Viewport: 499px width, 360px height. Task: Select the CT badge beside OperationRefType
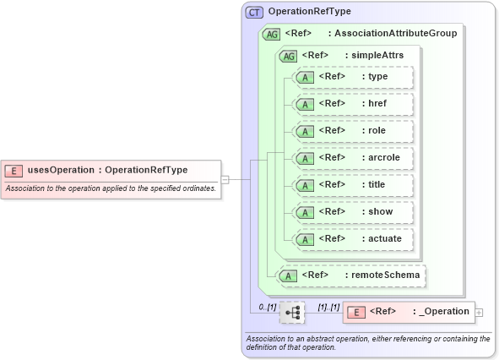click(x=254, y=12)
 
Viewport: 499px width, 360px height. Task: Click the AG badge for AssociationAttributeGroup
click(x=272, y=34)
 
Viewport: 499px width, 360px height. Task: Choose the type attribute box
click(x=352, y=77)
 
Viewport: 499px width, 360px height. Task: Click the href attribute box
click(x=352, y=104)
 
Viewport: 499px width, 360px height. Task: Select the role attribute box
click(x=352, y=131)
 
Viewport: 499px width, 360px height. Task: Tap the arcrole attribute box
click(x=352, y=158)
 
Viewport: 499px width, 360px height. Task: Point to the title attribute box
click(x=352, y=185)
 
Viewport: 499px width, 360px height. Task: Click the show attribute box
click(x=352, y=212)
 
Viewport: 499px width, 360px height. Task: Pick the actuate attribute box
click(x=352, y=239)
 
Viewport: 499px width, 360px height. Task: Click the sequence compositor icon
click(x=292, y=312)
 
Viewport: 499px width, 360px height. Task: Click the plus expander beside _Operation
click(x=480, y=313)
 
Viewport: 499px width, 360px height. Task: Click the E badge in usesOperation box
click(x=14, y=170)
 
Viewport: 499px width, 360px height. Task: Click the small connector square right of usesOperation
click(x=225, y=179)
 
